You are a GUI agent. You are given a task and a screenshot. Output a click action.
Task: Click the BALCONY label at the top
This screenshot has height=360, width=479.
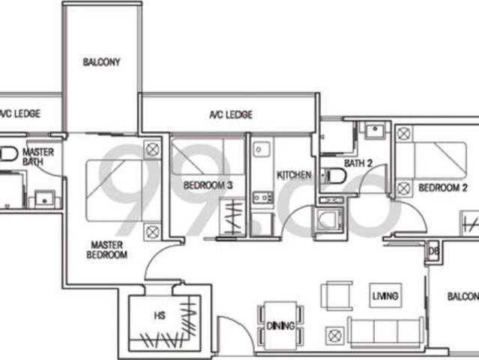(x=102, y=62)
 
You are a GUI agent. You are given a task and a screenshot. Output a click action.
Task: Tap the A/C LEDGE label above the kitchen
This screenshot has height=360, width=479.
(x=230, y=115)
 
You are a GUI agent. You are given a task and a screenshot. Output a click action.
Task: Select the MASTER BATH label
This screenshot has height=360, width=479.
(x=38, y=157)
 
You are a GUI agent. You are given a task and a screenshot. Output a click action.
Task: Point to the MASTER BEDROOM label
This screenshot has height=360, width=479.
(x=109, y=250)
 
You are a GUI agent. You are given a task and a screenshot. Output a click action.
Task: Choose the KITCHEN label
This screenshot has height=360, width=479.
(x=294, y=175)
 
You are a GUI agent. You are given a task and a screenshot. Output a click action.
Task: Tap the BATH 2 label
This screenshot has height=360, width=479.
(x=358, y=163)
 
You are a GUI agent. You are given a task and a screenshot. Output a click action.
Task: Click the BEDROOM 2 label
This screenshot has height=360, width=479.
(x=443, y=187)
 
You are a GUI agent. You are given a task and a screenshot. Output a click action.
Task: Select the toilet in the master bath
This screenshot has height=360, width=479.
(x=7, y=154)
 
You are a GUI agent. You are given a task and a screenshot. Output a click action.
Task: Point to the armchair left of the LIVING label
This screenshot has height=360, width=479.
(x=337, y=295)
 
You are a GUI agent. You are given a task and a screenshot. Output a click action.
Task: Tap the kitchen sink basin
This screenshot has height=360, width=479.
(x=260, y=150)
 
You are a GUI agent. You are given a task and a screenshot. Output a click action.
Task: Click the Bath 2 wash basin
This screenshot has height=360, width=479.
(x=373, y=131)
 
